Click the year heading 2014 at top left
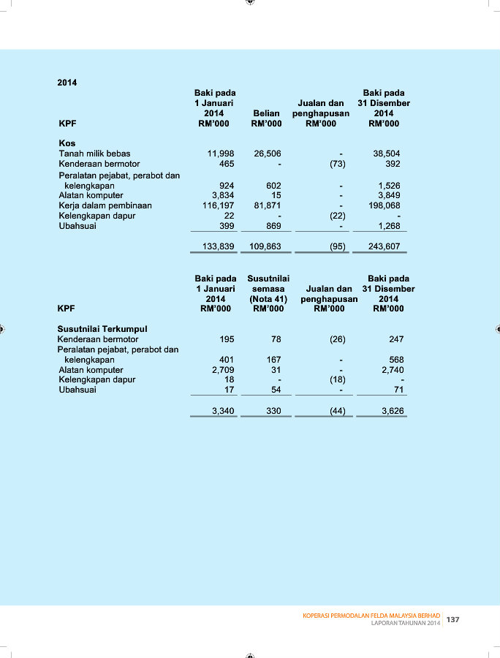pyautogui.click(x=67, y=83)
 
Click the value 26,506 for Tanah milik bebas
pyautogui.click(x=267, y=154)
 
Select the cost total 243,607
pyautogui.click(x=385, y=247)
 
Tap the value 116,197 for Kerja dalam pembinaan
pyautogui.click(x=218, y=206)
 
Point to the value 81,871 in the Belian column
pyautogui.click(x=267, y=206)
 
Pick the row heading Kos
pyautogui.click(x=67, y=144)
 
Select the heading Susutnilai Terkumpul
pyautogui.click(x=102, y=330)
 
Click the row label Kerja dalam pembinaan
pyautogui.click(x=105, y=206)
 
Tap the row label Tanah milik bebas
pyautogui.click(x=94, y=154)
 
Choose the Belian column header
pyautogui.click(x=266, y=114)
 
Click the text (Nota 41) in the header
pyautogui.click(x=268, y=299)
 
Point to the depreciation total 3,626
pyautogui.click(x=393, y=412)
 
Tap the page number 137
pyautogui.click(x=453, y=619)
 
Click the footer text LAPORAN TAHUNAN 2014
pyautogui.click(x=406, y=624)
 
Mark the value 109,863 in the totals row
pyautogui.click(x=265, y=247)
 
